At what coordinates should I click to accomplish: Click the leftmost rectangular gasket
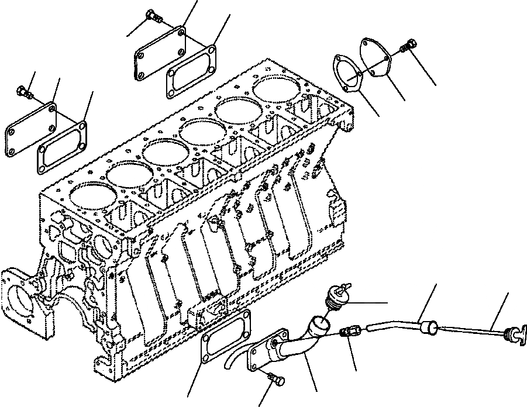coord(62,146)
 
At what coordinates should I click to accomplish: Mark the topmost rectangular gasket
coord(191,75)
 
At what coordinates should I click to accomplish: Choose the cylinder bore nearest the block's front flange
coord(90,195)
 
